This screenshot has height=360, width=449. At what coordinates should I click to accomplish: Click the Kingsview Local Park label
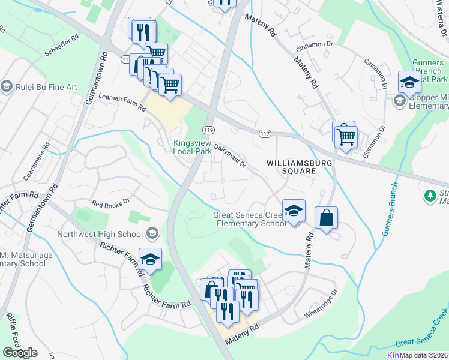click(x=193, y=147)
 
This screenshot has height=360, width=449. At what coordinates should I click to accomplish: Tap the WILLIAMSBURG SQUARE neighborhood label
click(x=291, y=166)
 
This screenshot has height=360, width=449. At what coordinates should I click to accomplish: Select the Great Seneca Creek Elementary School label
click(x=249, y=220)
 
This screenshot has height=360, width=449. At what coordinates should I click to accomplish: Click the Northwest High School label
click(x=100, y=234)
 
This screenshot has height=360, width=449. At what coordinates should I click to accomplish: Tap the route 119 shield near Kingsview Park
click(x=208, y=130)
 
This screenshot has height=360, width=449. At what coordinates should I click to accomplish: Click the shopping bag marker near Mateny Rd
click(x=326, y=218)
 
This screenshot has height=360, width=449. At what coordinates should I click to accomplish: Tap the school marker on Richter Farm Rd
click(x=150, y=259)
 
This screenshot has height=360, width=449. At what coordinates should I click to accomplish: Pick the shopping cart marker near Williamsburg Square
click(x=346, y=136)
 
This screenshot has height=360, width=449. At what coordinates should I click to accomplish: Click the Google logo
click(x=20, y=353)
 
